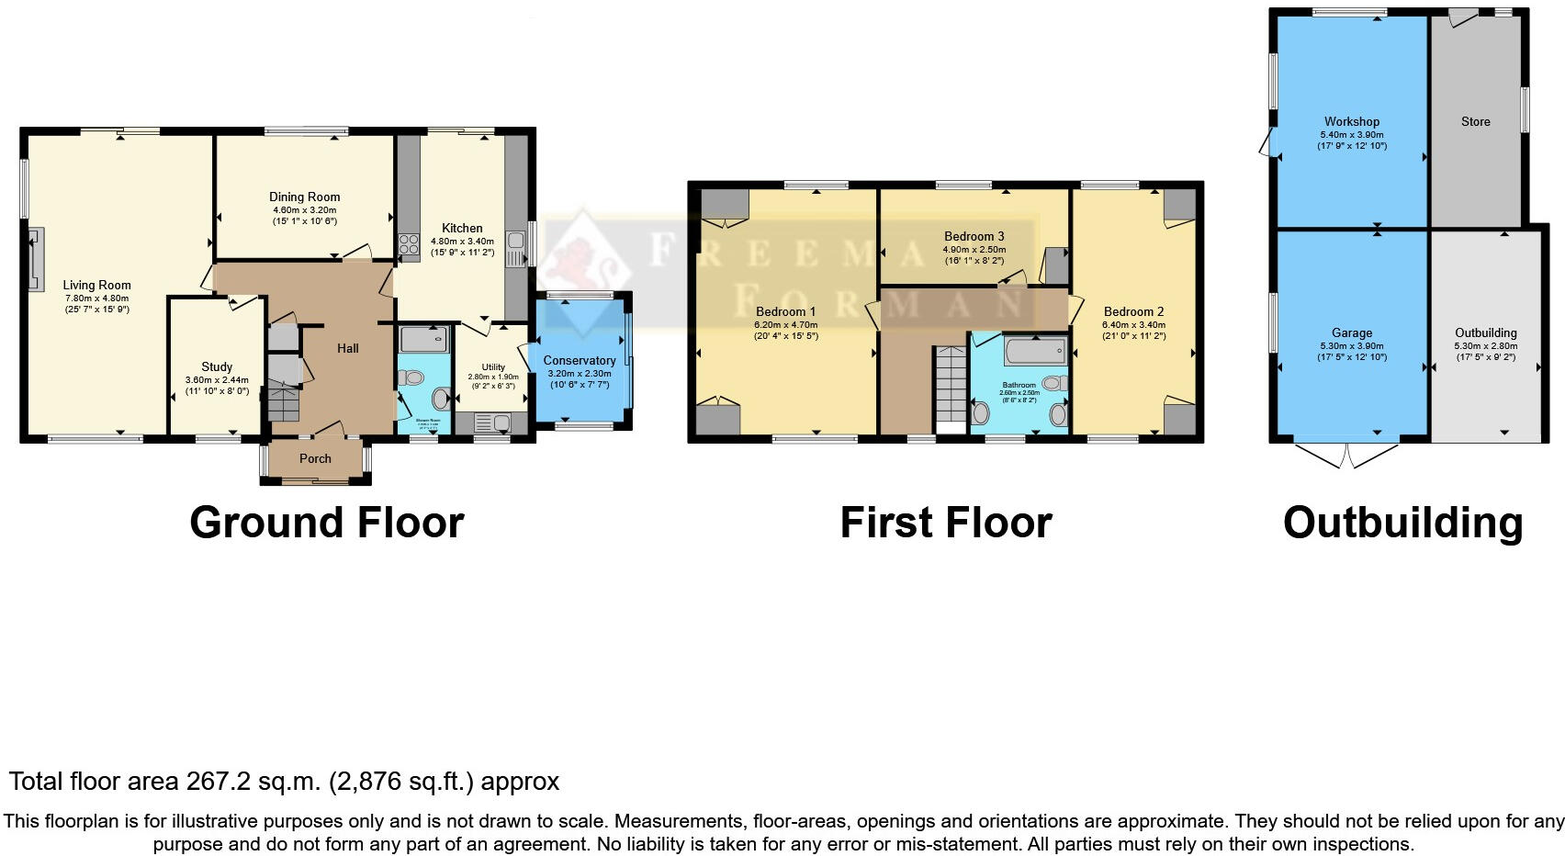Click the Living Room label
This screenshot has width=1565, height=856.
[96, 285]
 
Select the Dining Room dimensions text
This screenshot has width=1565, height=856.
[304, 215]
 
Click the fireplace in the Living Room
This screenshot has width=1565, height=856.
[35, 260]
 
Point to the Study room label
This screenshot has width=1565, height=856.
[217, 366]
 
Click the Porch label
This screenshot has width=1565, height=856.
[315, 458]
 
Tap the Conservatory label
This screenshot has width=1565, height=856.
[579, 360]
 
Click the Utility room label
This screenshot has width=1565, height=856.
[493, 366]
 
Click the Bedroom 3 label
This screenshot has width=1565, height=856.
[974, 236]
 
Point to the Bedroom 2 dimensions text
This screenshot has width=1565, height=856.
[1133, 331]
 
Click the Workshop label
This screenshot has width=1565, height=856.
[1351, 121]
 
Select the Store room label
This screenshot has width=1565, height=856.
[1475, 121]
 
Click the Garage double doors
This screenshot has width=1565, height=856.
[1347, 454]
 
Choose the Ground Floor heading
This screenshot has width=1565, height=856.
[326, 523]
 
